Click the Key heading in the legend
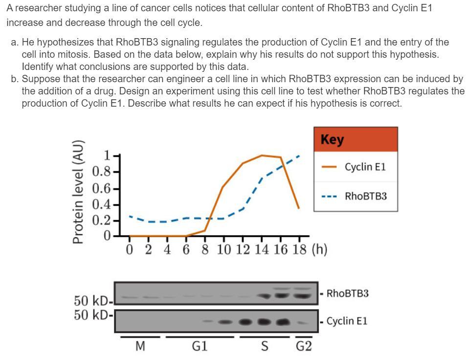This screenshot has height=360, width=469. click(x=333, y=139)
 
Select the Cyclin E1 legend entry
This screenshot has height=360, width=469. click(x=365, y=167)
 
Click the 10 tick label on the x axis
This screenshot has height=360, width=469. click(x=224, y=250)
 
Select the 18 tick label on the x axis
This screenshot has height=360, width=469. click(x=299, y=250)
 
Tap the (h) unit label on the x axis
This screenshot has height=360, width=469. click(x=318, y=250)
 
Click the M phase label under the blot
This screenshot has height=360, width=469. click(x=140, y=347)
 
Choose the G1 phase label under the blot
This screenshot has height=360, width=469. click(x=199, y=347)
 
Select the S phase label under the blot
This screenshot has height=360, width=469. click(x=265, y=347)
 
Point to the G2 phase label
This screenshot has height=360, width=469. click(x=304, y=347)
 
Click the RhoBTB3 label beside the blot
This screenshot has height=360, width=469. click(x=347, y=293)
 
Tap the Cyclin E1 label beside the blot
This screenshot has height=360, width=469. click(x=347, y=321)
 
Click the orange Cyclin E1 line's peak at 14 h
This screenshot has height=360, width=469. click(x=262, y=156)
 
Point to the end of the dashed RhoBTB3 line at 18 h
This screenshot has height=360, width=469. click(x=299, y=156)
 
